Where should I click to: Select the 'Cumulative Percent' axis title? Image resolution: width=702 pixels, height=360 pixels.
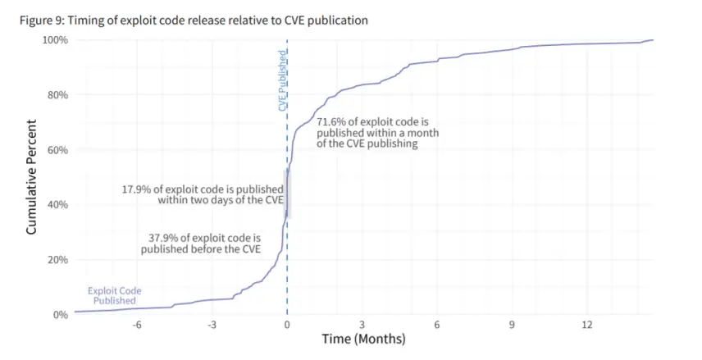click(32, 177)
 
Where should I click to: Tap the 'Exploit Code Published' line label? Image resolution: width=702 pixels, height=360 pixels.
click(114, 295)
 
